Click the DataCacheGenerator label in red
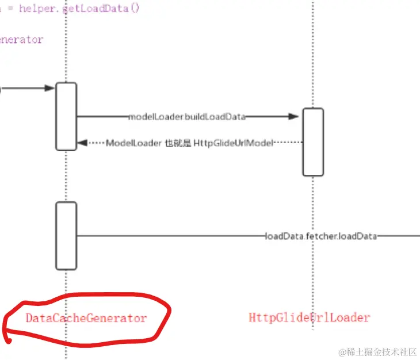(86, 318)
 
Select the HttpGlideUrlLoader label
(310, 317)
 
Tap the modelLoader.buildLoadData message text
(186, 117)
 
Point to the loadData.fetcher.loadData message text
(320, 236)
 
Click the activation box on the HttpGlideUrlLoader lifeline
(313, 141)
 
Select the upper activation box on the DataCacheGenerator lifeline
(66, 116)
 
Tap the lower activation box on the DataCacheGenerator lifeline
(66, 235)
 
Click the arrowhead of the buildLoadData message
(294, 117)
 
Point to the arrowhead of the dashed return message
(82, 143)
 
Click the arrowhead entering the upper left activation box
(51, 89)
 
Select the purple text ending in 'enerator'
(21, 40)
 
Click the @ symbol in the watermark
(342, 351)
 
